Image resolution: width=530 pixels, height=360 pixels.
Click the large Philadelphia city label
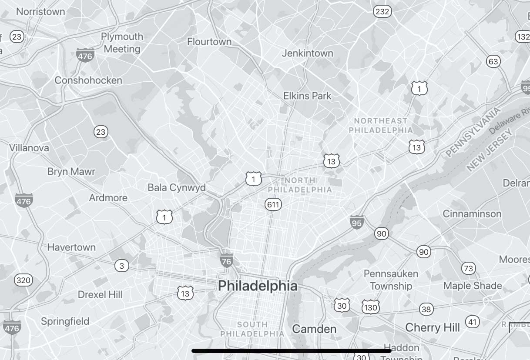pos(258,286)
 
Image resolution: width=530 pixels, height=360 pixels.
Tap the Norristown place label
pos(40,12)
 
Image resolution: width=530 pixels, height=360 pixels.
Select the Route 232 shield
pos(382,12)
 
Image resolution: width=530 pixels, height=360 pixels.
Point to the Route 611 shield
pos(273,204)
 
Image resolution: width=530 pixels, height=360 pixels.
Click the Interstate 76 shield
pos(226,260)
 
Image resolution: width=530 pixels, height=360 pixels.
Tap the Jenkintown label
pos(307,53)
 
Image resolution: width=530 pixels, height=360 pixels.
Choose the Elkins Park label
pos(307,96)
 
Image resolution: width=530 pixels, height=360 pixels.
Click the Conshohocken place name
pos(88,80)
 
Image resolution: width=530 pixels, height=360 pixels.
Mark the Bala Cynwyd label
pos(176,188)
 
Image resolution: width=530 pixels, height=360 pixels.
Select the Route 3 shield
pos(121,266)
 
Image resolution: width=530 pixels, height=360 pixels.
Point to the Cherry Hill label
pos(432,327)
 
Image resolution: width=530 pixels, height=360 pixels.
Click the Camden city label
pos(314,329)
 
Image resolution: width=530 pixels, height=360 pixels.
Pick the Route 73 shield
pos(468,268)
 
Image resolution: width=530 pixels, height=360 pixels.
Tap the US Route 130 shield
pos(370,307)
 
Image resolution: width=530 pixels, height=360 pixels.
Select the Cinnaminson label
pos(472,214)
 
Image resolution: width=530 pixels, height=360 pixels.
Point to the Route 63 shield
pos(493,62)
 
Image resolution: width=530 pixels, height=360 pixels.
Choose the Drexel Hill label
pos(100,295)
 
